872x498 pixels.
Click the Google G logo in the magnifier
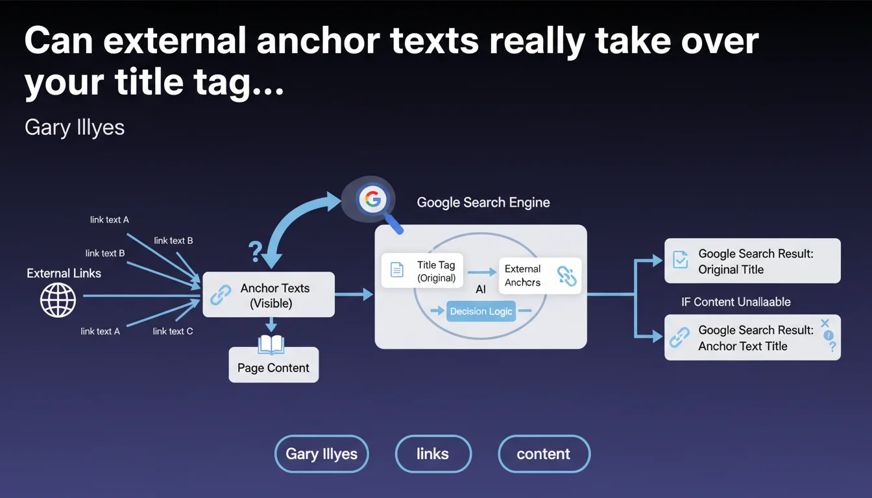pos(372,199)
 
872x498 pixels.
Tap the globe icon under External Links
pos(58,300)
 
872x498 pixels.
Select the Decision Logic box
pos(481,311)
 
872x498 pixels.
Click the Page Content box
pos(274,365)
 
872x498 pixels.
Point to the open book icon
pos(271,345)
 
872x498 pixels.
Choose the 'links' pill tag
pos(433,454)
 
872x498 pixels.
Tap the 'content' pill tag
pos(544,454)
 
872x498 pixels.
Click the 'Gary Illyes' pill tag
pos(322,454)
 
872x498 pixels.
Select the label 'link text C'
pos(173,331)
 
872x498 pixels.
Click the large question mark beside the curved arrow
pos(256,252)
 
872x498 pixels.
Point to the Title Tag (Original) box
pos(422,271)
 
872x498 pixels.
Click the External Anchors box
pos(540,276)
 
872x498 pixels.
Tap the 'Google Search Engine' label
pos(483,202)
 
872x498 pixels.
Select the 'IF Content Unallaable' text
pos(736,302)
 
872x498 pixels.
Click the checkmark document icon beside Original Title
pos(681,259)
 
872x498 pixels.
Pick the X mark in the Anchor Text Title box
pos(825,323)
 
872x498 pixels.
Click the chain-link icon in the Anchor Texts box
pos(221,294)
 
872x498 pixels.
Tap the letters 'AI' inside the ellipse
pos(481,289)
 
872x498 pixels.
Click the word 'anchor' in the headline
pos(318,40)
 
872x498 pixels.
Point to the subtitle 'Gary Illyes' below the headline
pos(75,128)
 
